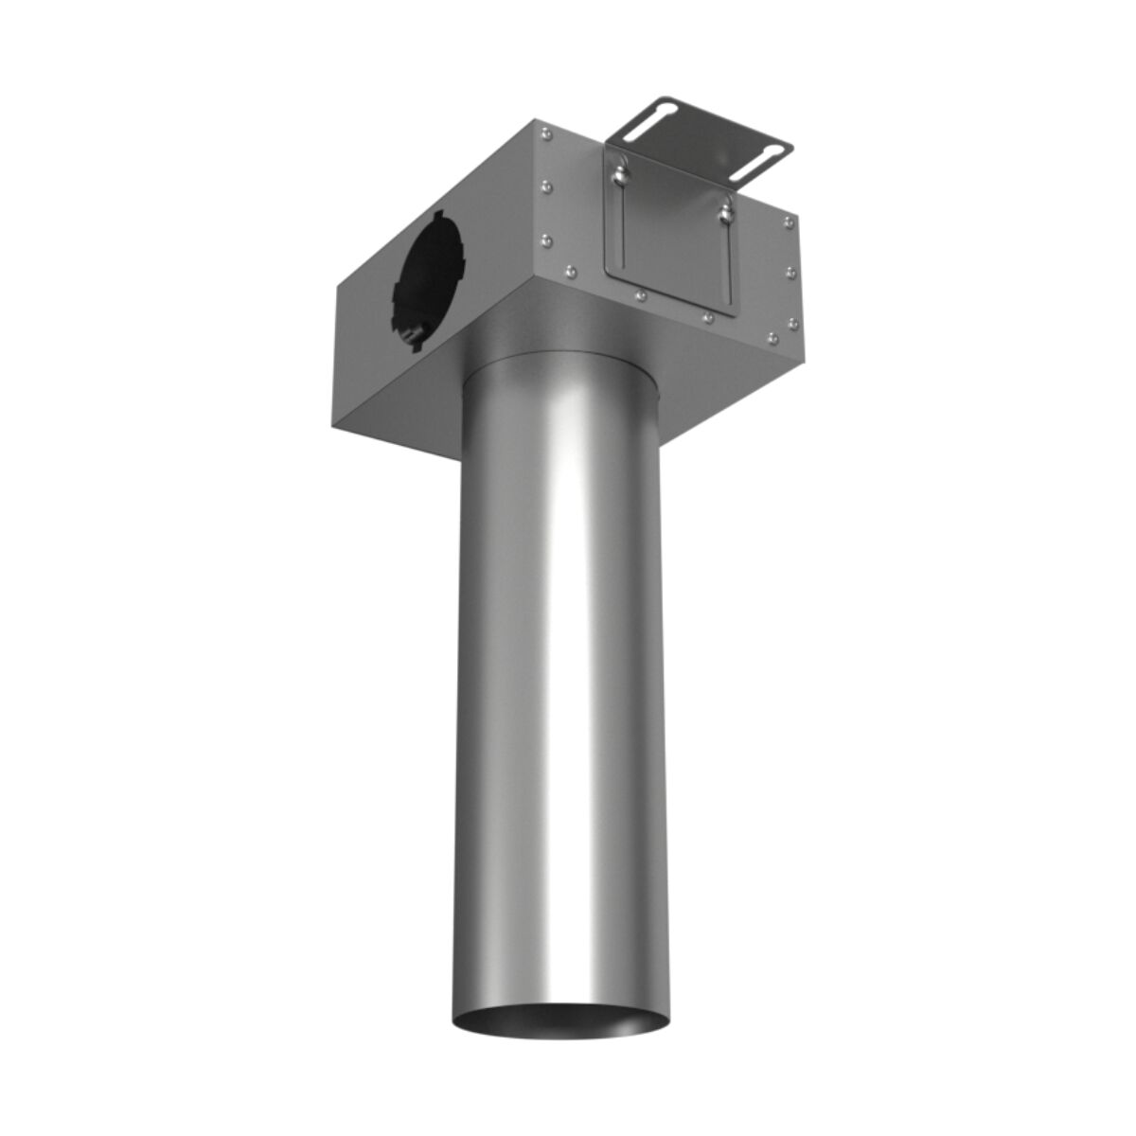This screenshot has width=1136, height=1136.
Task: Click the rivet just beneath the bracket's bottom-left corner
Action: pos(641,296)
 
